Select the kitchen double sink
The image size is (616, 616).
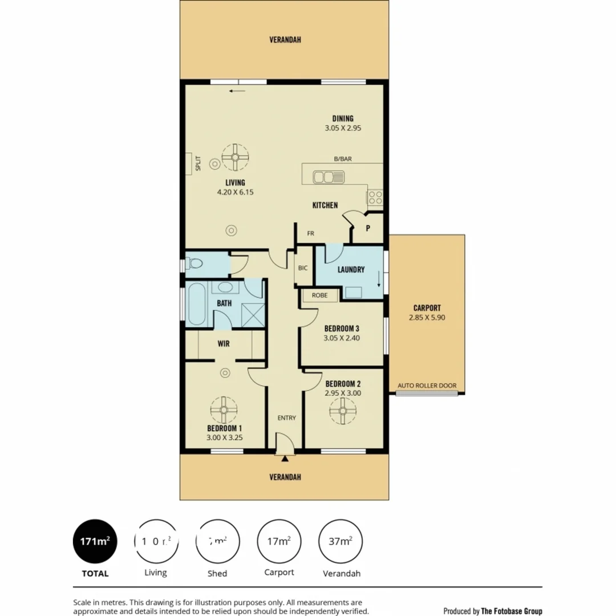click(x=327, y=177)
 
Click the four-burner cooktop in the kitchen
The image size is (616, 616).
click(x=375, y=197)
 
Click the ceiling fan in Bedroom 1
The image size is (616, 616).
click(x=224, y=410)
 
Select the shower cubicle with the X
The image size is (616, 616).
click(x=252, y=313)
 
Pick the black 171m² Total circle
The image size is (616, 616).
click(x=95, y=541)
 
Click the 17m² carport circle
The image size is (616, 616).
click(x=279, y=541)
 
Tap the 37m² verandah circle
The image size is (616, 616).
click(x=341, y=541)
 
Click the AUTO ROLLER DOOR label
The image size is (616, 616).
click(x=427, y=386)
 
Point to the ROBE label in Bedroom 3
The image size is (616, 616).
click(x=319, y=295)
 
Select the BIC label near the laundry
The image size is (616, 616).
click(x=303, y=268)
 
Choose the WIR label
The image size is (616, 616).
click(x=224, y=344)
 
